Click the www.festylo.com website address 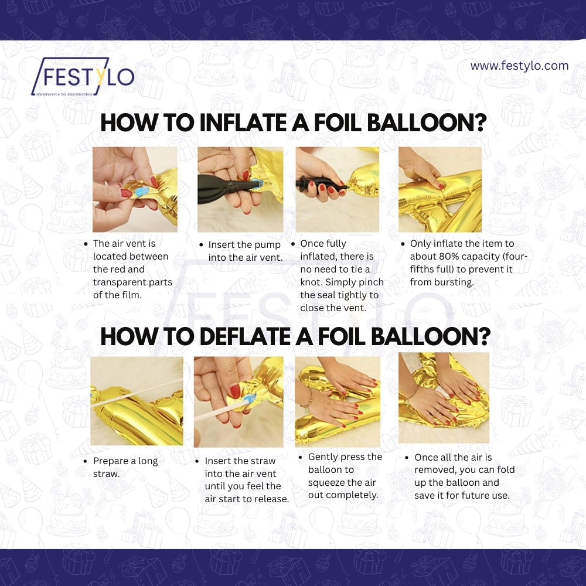point(519,66)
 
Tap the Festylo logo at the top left point(83,76)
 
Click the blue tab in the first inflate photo point(142,192)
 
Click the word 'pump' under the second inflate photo point(268,246)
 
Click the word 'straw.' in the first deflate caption point(107,474)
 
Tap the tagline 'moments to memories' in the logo point(64,94)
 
